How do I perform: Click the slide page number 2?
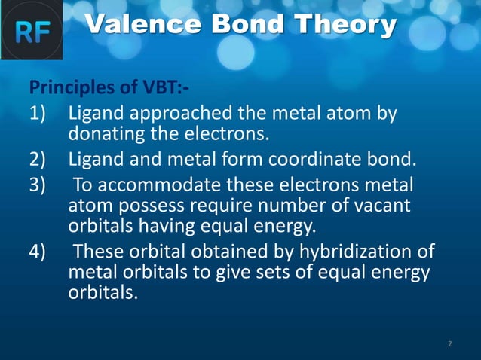[449, 343]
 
